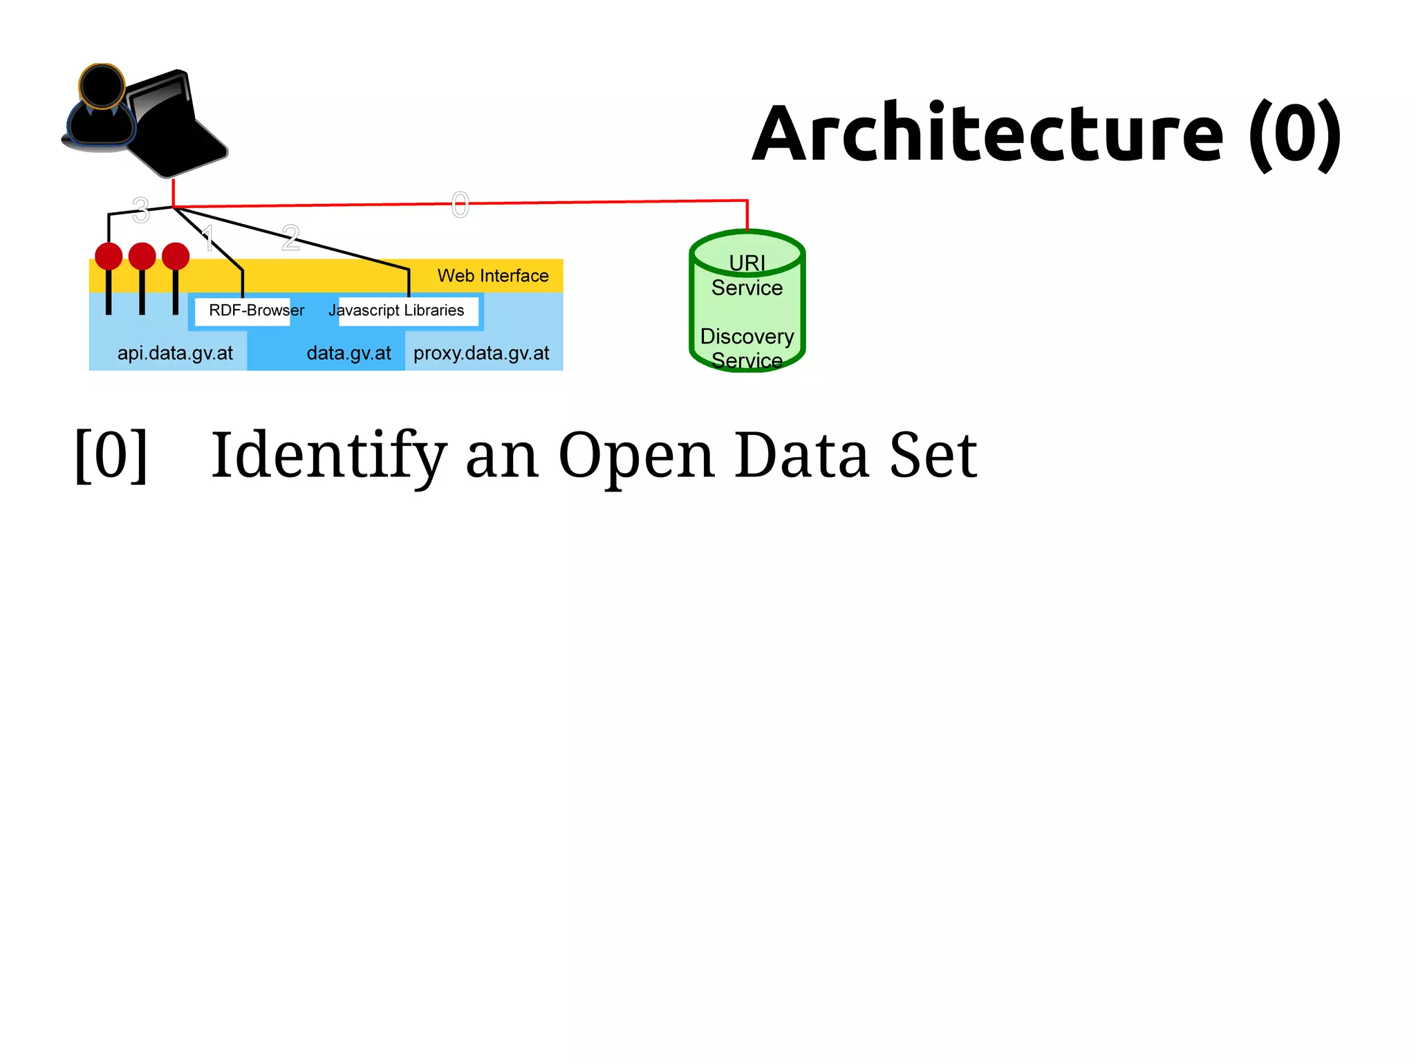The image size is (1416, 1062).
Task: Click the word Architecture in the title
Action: coord(987,133)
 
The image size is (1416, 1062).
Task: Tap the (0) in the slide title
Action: coord(1294,133)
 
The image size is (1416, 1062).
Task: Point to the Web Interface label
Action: coord(492,276)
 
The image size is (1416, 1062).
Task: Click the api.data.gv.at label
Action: coord(175,353)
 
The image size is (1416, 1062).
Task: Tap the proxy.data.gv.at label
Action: coord(481,353)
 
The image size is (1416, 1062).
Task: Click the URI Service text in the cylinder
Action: coord(747,276)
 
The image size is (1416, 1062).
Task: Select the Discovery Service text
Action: coord(747,348)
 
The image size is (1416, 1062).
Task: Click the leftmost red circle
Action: coord(109,256)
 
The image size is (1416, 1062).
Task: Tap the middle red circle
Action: coord(142,256)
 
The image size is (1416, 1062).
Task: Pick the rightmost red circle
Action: coord(176,256)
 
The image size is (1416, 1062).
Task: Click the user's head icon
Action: coord(102,86)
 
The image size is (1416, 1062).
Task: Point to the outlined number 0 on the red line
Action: coord(460,205)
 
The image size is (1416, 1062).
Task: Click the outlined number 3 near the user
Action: coord(140,210)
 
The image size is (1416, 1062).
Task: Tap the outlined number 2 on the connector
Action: coord(290,238)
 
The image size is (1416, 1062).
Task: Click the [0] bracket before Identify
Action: coord(111,455)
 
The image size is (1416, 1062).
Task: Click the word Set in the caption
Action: coord(933,455)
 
